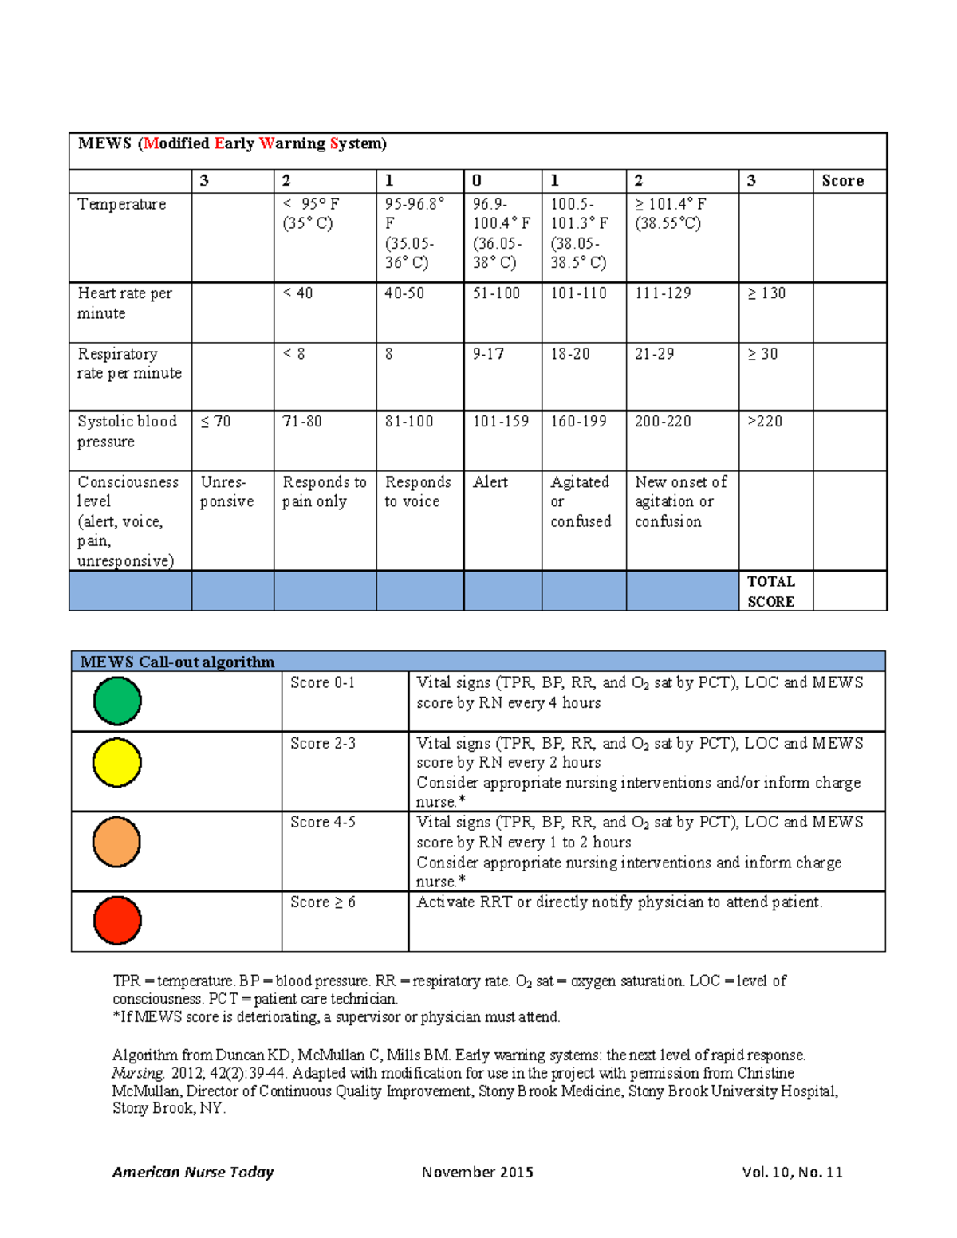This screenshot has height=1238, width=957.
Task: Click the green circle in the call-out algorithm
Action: [117, 701]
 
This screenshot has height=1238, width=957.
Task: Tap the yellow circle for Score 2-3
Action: [117, 762]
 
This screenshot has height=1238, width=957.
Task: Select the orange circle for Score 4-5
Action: [116, 842]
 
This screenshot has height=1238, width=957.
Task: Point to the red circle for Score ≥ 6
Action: [117, 920]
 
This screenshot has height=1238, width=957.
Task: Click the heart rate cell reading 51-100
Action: [496, 293]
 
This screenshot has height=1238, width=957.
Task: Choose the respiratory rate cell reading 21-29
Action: [654, 354]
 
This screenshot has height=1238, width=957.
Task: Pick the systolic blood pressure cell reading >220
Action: [765, 422]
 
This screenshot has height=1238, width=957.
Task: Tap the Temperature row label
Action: [122, 205]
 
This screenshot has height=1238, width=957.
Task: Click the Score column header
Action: [843, 181]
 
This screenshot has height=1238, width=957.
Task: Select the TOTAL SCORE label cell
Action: [771, 591]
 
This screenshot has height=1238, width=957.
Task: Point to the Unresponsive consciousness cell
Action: [227, 492]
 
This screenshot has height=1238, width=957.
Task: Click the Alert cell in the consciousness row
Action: [490, 482]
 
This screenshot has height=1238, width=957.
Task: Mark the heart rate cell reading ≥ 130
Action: [766, 293]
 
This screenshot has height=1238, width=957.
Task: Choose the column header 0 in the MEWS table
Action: [477, 181]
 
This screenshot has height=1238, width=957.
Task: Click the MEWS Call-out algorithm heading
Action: [177, 662]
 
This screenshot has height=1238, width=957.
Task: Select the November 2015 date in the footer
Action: [477, 1172]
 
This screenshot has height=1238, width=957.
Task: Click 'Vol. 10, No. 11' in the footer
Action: [791, 1172]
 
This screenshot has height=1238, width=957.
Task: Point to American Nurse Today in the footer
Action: [193, 1172]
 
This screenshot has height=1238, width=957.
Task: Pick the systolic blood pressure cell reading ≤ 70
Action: [215, 422]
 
